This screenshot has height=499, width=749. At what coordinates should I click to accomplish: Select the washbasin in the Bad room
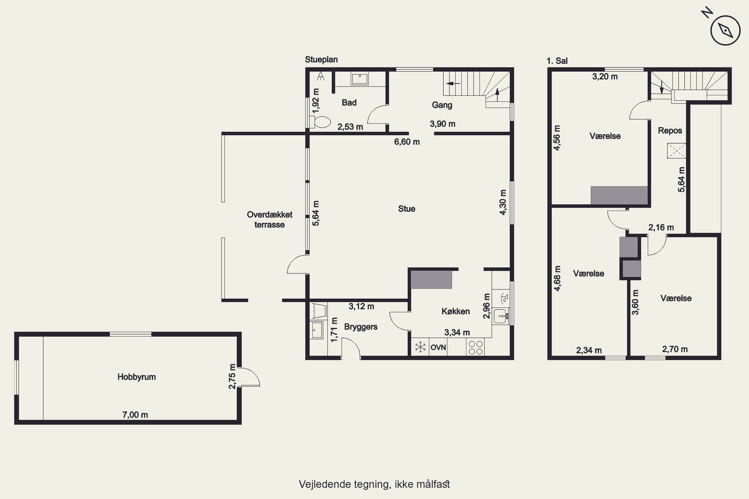click(x=360, y=78)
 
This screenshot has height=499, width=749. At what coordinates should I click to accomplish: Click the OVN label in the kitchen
click(x=438, y=347)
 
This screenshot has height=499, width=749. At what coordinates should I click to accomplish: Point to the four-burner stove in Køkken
click(x=475, y=347)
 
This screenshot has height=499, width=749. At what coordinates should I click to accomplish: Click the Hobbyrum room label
click(x=137, y=377)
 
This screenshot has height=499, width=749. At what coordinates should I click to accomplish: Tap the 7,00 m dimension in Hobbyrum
click(x=135, y=415)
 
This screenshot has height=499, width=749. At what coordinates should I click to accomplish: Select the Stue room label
click(x=407, y=209)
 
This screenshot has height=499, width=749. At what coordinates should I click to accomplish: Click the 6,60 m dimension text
click(x=407, y=142)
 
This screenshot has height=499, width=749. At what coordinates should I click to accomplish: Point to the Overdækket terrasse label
click(x=270, y=220)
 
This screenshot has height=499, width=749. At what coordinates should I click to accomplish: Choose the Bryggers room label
click(x=361, y=327)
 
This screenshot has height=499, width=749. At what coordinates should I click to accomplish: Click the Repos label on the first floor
click(x=670, y=131)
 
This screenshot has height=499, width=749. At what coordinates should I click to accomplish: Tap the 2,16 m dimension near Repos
click(x=661, y=228)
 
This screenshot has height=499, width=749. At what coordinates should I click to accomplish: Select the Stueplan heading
click(x=321, y=60)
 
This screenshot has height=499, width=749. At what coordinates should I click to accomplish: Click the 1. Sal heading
click(x=557, y=61)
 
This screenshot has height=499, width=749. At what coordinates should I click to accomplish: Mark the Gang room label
click(x=442, y=105)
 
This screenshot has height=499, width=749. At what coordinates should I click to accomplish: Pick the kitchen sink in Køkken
click(x=501, y=316)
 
